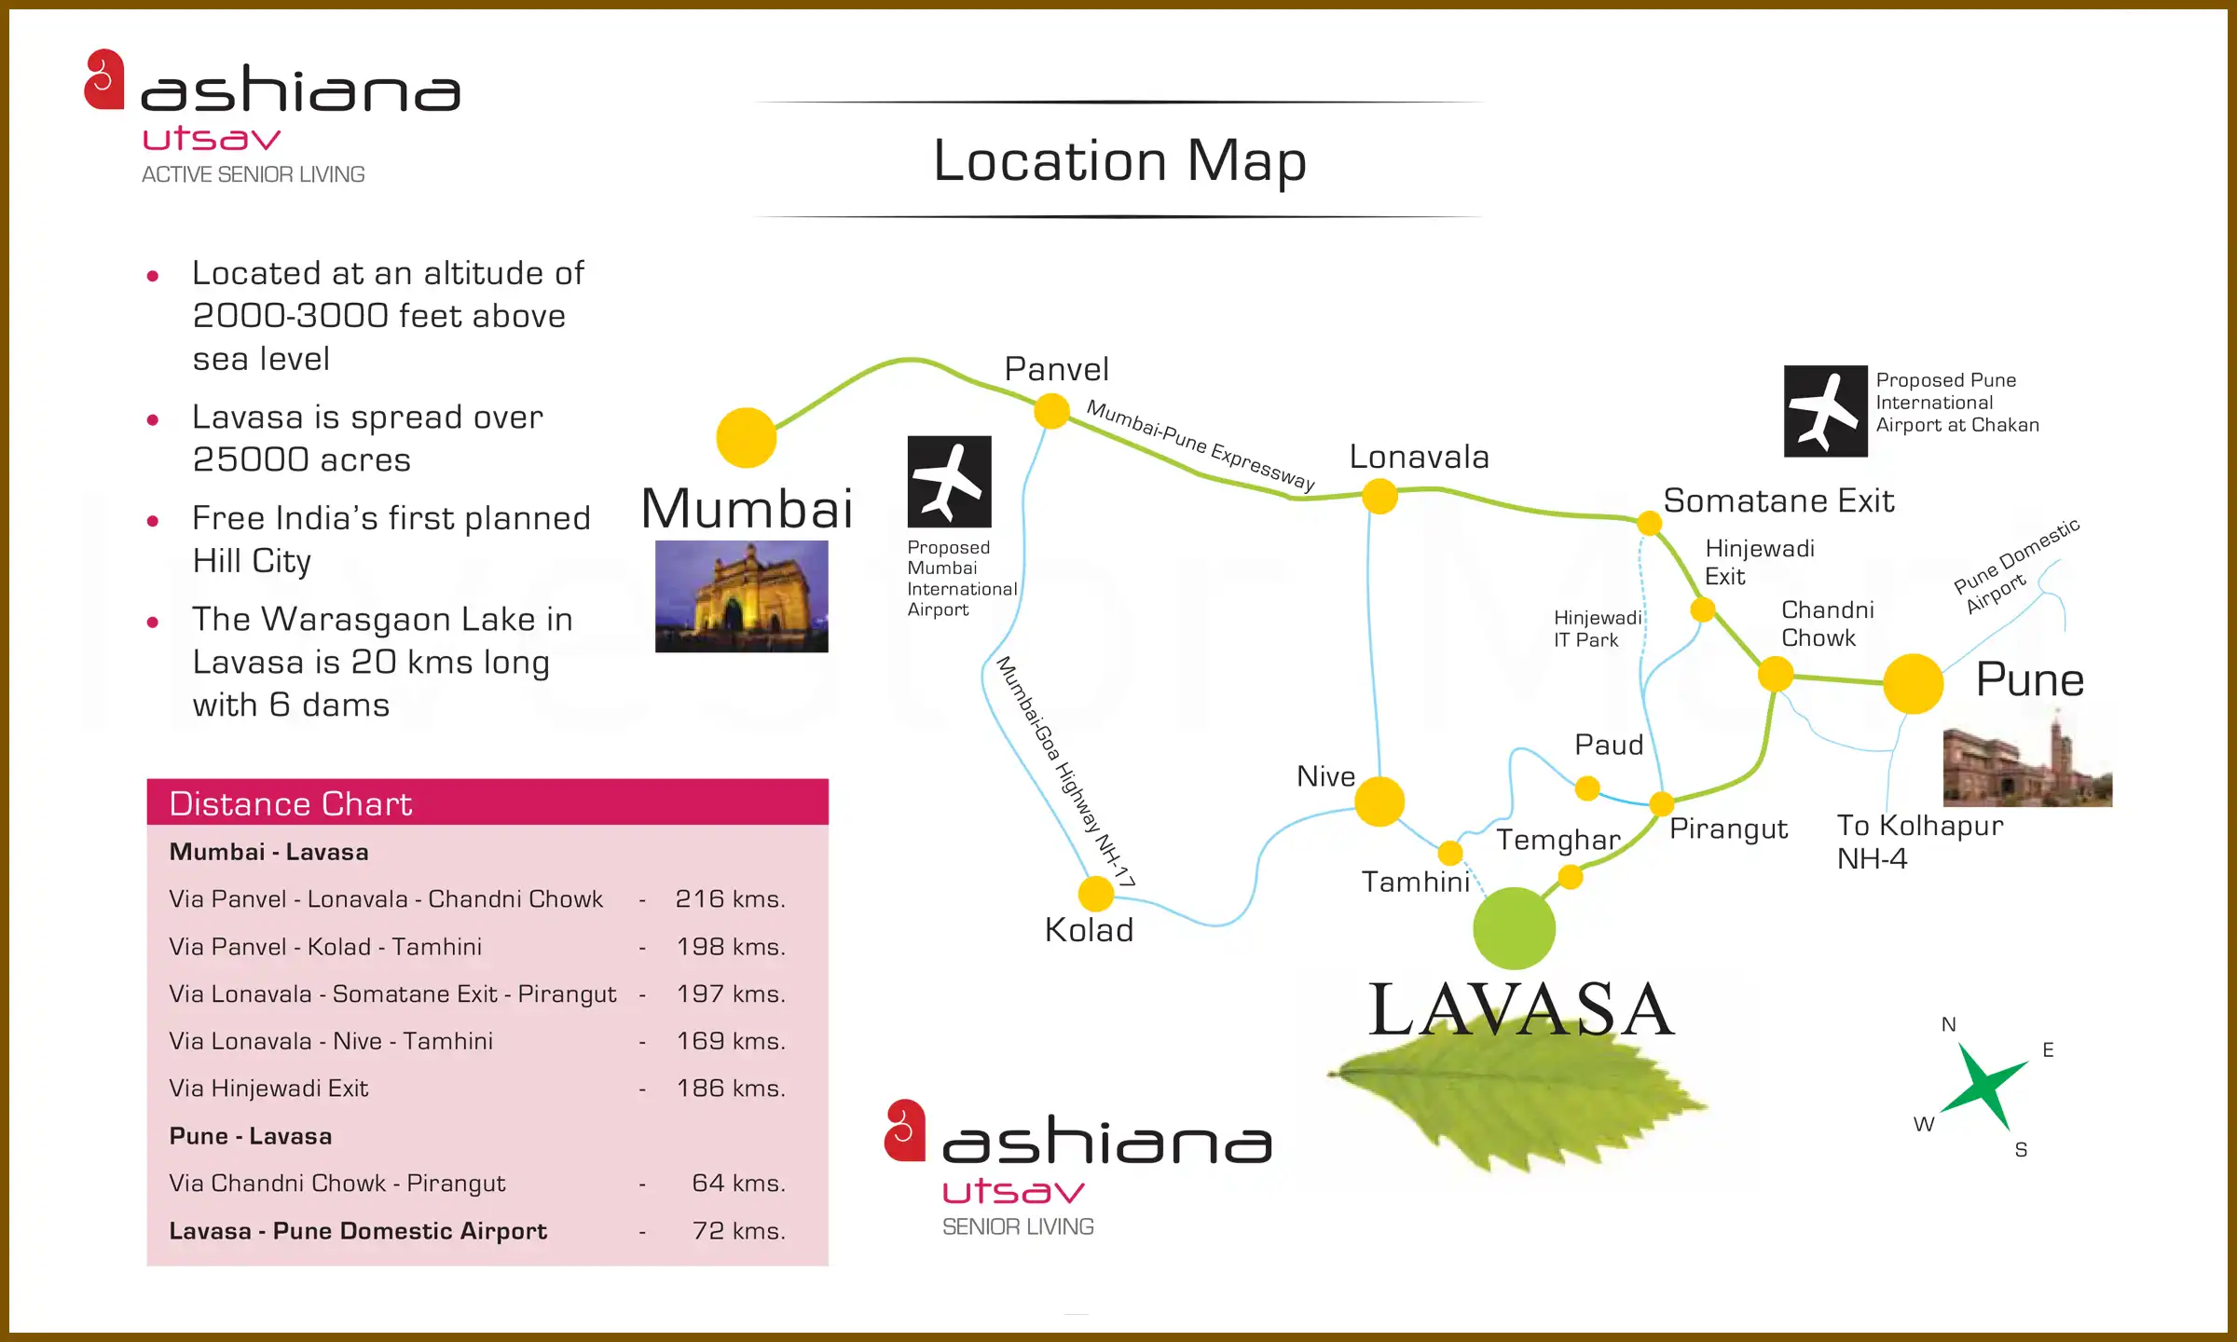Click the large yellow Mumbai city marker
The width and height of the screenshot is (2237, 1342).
point(746,437)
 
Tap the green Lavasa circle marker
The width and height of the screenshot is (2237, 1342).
point(1514,928)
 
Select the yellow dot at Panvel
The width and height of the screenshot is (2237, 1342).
point(1051,411)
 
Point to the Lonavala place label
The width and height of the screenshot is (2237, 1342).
point(1419,458)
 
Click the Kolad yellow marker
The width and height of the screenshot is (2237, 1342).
point(1096,893)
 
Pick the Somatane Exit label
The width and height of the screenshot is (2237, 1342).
point(1778,501)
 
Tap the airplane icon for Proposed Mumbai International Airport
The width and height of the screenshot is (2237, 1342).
point(949,482)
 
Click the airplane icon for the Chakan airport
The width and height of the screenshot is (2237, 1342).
point(1825,411)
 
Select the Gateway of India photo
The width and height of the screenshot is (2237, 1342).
point(741,596)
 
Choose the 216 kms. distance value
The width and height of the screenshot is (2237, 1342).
point(730,899)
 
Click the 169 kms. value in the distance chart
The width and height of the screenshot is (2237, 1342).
point(731,1041)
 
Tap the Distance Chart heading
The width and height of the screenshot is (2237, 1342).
point(290,803)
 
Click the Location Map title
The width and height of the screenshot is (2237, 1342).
point(1119,160)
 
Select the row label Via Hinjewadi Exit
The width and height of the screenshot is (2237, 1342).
point(268,1089)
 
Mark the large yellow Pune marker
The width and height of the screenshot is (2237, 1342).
point(1913,683)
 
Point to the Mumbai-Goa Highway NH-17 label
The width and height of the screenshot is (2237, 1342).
point(1065,772)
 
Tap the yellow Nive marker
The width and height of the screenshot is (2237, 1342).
point(1379,801)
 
